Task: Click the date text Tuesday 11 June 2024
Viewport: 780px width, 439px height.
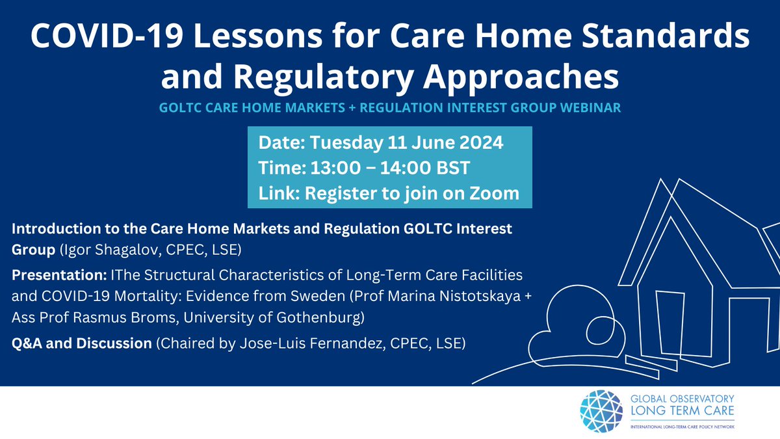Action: [404, 142]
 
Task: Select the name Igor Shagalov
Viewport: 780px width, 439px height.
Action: [90, 248]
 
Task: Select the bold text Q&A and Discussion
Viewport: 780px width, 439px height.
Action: [81, 343]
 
